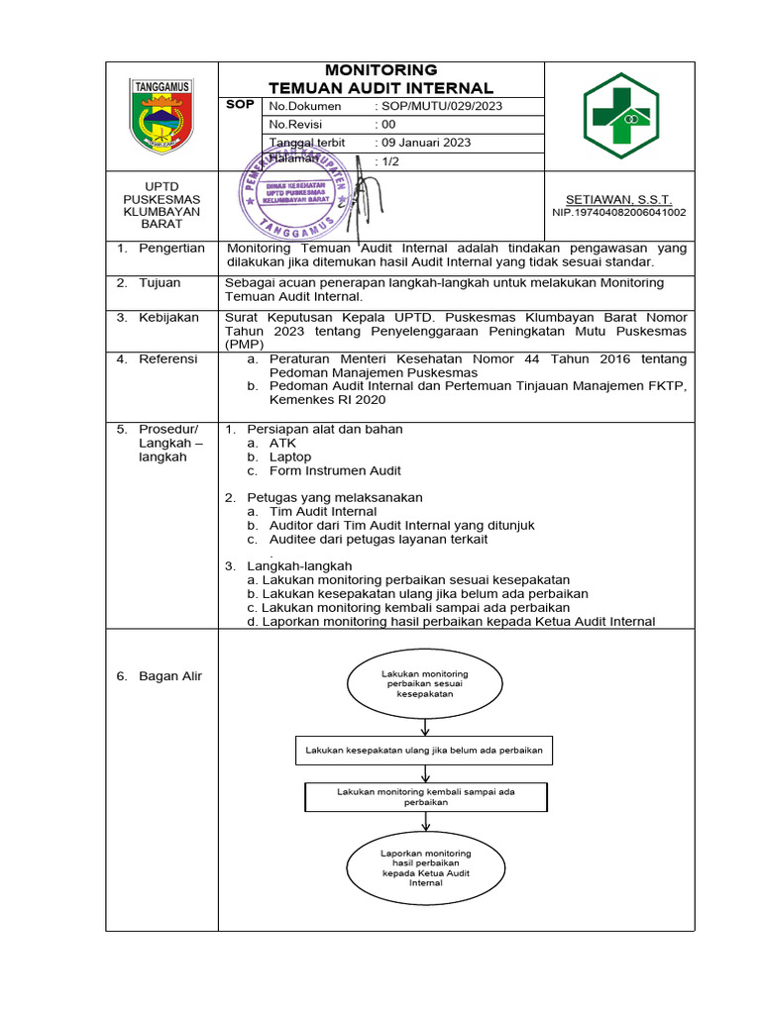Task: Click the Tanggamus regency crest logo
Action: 162,115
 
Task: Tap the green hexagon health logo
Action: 619,115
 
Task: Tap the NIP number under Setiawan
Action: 618,212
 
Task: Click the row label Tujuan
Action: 160,283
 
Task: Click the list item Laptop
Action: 289,457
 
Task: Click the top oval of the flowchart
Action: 424,684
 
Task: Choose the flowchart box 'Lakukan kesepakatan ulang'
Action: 424,751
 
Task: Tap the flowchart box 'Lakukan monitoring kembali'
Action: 425,797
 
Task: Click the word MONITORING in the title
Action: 381,70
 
